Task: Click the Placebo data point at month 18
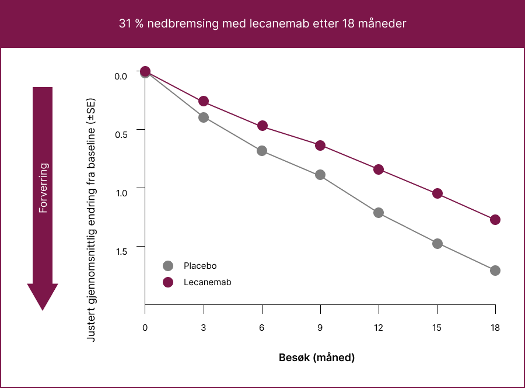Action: click(495, 271)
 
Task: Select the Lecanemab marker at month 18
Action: click(495, 220)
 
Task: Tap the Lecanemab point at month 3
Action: click(204, 101)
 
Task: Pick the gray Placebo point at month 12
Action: click(379, 213)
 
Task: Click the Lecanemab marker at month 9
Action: click(320, 145)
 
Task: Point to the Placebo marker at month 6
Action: click(262, 151)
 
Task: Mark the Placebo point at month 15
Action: click(437, 244)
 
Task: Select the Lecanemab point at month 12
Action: click(379, 169)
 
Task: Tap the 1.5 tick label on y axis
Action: click(121, 251)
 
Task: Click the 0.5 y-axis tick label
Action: click(121, 134)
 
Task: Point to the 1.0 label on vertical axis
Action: click(121, 193)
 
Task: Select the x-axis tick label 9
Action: click(320, 328)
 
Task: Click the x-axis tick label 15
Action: click(437, 328)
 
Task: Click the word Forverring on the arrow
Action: click(43, 187)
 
